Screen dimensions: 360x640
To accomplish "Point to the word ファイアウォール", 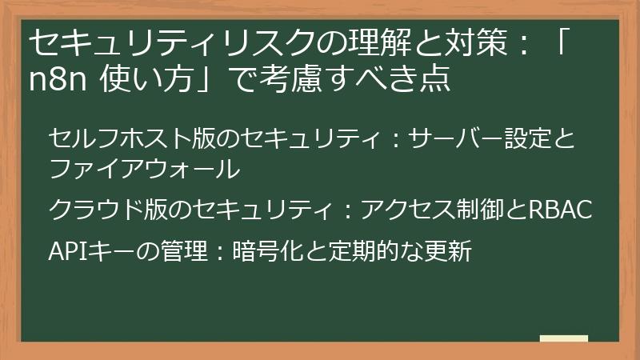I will click(144, 169).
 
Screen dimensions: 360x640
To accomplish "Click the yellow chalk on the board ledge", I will click(563, 338).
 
